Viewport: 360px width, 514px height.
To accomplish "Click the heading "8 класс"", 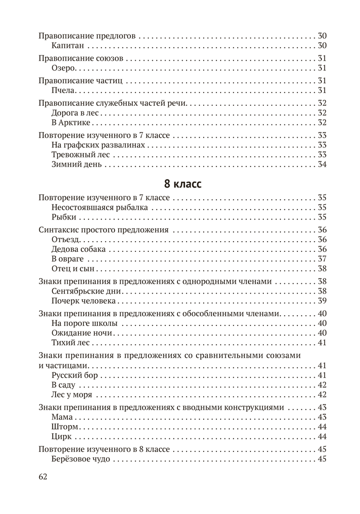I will pos(180,183).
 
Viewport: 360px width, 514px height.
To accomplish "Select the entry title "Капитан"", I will pos(68,46).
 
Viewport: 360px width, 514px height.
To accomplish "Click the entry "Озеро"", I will pos(65,68).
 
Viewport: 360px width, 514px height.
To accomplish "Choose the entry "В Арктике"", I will pos(71,122).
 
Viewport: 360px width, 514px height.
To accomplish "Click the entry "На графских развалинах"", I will pos(95,145).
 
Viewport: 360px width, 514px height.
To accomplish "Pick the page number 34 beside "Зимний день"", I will pos(322,164).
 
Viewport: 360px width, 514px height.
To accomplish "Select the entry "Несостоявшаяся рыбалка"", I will pos(100,208).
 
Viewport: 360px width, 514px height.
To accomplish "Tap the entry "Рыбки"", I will pos(64,217).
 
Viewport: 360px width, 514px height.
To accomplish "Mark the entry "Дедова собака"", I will pos(79,249).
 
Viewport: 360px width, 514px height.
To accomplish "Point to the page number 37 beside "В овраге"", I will pos(322,259).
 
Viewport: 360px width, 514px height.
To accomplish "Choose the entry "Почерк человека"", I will pos(84,301).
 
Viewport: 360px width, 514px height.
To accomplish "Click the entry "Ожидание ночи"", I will pos(82,333).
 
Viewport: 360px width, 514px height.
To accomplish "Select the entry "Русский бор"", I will pos(75,375).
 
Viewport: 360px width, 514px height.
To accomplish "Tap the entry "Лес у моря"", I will pos(72,395).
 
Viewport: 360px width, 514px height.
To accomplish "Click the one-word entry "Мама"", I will pos(63,417).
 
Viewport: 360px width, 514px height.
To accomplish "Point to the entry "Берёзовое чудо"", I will pos(81,458).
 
